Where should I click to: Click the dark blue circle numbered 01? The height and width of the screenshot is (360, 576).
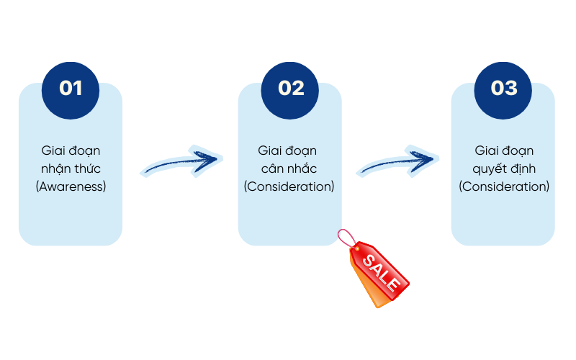[x=71, y=88]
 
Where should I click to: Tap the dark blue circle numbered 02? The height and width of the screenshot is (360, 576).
[x=291, y=88]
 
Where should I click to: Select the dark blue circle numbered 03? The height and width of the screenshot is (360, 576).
[x=504, y=88]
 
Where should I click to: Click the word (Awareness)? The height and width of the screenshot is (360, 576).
[x=71, y=186]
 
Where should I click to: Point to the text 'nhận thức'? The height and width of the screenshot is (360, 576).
[x=71, y=168]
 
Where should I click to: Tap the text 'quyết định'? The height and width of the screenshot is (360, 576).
[x=504, y=168]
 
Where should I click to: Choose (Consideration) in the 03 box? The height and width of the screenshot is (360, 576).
[x=504, y=186]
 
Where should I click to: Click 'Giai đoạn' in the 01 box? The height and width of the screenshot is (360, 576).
[x=71, y=150]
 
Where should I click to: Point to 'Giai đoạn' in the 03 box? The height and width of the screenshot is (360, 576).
[x=504, y=150]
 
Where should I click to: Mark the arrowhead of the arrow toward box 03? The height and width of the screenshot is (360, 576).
[x=429, y=157]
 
